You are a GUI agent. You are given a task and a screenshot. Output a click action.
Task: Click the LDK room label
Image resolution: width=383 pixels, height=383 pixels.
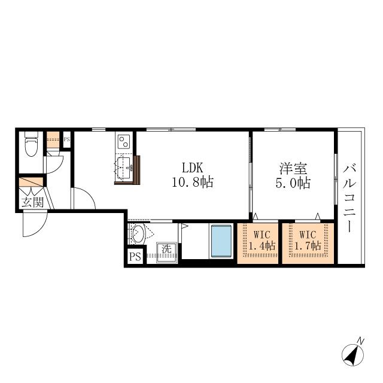click(x=193, y=168)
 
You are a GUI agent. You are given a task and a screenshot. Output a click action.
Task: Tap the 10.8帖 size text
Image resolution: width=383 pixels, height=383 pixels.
click(x=193, y=182)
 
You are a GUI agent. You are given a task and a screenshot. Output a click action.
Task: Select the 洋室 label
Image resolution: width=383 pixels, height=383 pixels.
click(x=293, y=169)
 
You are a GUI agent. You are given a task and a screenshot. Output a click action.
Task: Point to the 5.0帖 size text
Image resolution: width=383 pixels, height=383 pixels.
click(x=293, y=183)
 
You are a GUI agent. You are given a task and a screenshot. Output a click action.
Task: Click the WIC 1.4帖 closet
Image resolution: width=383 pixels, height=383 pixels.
click(x=258, y=244)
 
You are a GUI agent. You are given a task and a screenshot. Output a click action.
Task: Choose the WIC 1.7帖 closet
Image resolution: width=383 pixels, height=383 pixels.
click(x=308, y=244)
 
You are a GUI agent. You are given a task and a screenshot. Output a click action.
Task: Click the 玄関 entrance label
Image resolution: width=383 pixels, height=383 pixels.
click(x=32, y=202)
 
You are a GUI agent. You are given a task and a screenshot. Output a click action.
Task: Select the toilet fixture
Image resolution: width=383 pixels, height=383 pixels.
click(x=32, y=144)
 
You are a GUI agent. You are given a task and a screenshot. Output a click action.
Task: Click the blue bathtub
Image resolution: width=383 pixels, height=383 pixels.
click(x=221, y=241)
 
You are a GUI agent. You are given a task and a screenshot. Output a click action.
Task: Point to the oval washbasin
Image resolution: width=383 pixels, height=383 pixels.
click(x=138, y=234)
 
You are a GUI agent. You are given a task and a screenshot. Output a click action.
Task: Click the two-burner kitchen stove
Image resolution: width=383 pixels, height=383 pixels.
click(x=124, y=141)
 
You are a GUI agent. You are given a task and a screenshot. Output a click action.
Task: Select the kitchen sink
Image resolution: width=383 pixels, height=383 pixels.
click(x=124, y=168)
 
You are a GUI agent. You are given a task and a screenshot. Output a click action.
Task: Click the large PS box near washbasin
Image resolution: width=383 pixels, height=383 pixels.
click(x=135, y=257)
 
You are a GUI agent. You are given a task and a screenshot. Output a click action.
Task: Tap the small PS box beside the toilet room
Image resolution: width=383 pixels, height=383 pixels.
click(x=66, y=139)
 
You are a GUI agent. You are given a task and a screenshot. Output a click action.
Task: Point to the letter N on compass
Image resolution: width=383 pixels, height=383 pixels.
click(x=360, y=341)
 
